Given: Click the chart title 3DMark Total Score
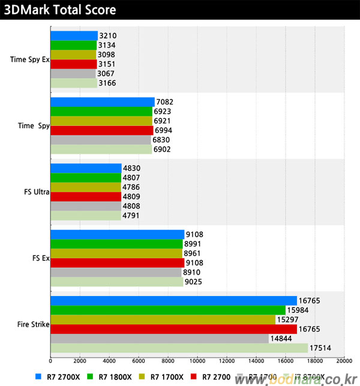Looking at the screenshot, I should [59, 11].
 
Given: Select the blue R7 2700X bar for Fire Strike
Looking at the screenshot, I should [173, 300].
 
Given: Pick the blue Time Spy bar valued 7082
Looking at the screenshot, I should [102, 102].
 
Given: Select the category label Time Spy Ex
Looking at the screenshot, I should [29, 59].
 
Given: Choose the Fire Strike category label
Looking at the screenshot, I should [33, 325].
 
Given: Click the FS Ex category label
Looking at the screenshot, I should [40, 258].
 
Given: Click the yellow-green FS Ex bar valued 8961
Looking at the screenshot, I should [116, 253].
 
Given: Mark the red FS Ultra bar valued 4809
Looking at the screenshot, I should [85, 196].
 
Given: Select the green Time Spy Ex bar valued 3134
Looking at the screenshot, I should [73, 45].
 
